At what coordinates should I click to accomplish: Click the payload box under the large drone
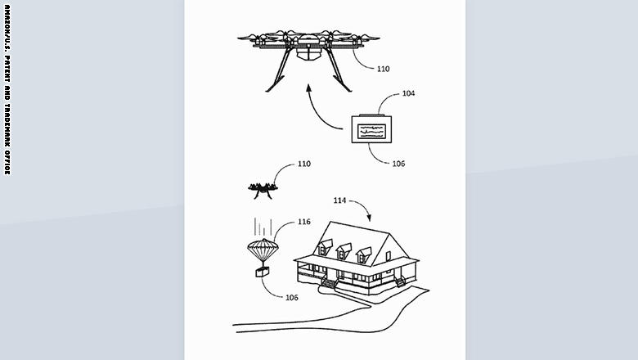(309, 54)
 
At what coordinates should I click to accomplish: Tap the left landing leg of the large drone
(280, 70)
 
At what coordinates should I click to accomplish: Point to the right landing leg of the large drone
(338, 70)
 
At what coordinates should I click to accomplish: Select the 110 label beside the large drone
(384, 70)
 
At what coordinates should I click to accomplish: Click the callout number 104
(408, 93)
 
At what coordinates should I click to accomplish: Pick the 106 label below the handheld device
(398, 164)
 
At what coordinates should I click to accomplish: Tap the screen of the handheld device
(371, 131)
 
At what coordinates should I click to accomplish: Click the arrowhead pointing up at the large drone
(308, 88)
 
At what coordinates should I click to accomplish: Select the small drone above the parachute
(263, 190)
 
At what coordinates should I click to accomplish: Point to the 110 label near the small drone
(304, 164)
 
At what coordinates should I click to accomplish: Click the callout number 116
(304, 222)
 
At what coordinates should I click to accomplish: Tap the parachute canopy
(263, 248)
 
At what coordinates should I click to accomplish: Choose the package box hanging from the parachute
(263, 272)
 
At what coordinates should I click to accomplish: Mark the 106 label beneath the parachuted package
(292, 297)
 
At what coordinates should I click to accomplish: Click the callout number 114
(339, 200)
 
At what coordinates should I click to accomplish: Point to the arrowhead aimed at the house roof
(369, 218)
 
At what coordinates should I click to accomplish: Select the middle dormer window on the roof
(344, 251)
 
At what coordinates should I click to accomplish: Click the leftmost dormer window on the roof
(325, 247)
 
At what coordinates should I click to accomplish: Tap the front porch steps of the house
(329, 283)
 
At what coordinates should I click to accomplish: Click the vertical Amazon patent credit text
(7, 89)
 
